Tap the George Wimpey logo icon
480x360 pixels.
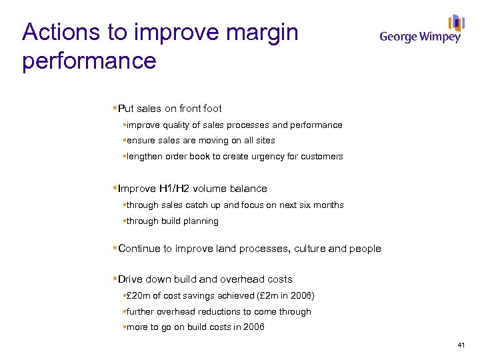(x=456, y=23)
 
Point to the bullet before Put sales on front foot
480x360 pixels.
(x=115, y=108)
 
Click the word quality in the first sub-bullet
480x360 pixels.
(x=175, y=125)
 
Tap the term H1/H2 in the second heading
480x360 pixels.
(x=179, y=189)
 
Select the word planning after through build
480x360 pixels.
(x=200, y=221)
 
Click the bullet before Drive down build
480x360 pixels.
(x=115, y=279)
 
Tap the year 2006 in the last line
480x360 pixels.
(x=253, y=327)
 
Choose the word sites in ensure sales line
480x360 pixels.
(x=263, y=141)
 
